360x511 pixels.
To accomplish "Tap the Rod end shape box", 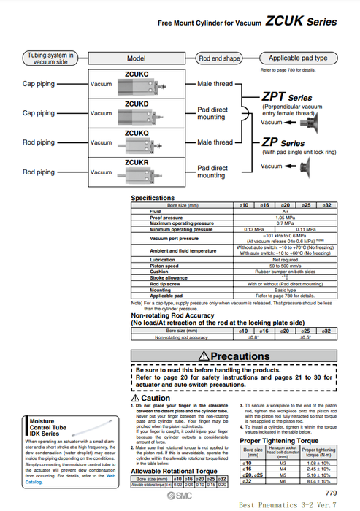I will tap(219, 58).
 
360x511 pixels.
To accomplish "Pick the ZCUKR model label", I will tap(137, 162).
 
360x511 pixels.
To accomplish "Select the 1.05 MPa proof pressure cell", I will tap(286, 217).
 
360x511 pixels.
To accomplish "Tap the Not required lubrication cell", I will tap(286, 259).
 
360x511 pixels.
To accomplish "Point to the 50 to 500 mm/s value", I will tap(286, 265).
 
